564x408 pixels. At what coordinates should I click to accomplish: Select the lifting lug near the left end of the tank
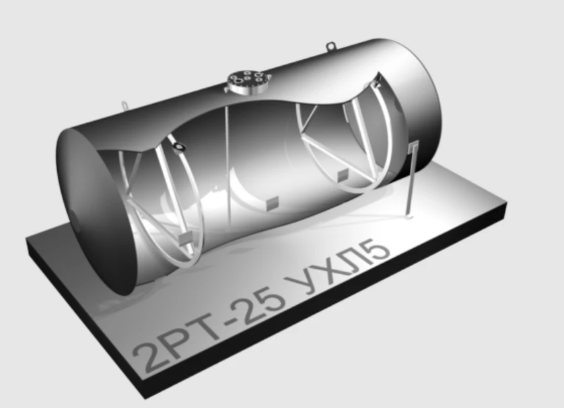pyautogui.click(x=125, y=106)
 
